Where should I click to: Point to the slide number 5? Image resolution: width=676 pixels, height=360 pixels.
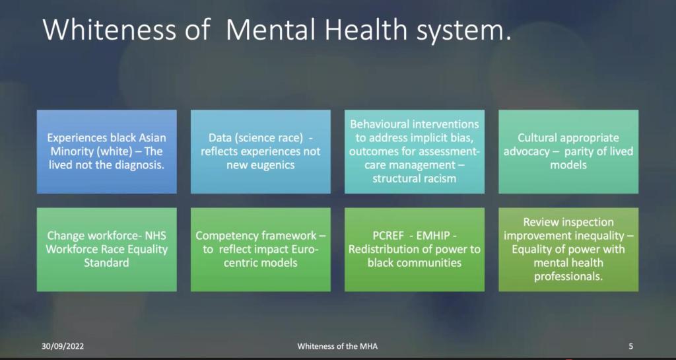[631, 345]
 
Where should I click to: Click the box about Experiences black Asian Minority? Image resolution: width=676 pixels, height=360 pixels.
[106, 151]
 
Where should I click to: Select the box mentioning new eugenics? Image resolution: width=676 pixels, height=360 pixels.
[261, 151]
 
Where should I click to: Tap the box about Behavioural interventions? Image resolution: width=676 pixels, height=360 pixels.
[415, 151]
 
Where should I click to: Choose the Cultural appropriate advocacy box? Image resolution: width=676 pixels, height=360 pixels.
[568, 151]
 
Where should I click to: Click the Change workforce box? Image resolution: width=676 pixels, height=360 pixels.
[106, 249]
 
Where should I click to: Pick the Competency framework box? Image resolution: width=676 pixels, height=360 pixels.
[261, 249]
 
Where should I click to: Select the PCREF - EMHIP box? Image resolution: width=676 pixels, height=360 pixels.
[415, 249]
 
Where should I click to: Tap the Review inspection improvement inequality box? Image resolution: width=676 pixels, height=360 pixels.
[568, 249]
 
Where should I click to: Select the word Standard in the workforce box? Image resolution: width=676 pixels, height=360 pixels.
[106, 263]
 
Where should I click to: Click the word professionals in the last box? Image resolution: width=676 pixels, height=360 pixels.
[568, 276]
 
